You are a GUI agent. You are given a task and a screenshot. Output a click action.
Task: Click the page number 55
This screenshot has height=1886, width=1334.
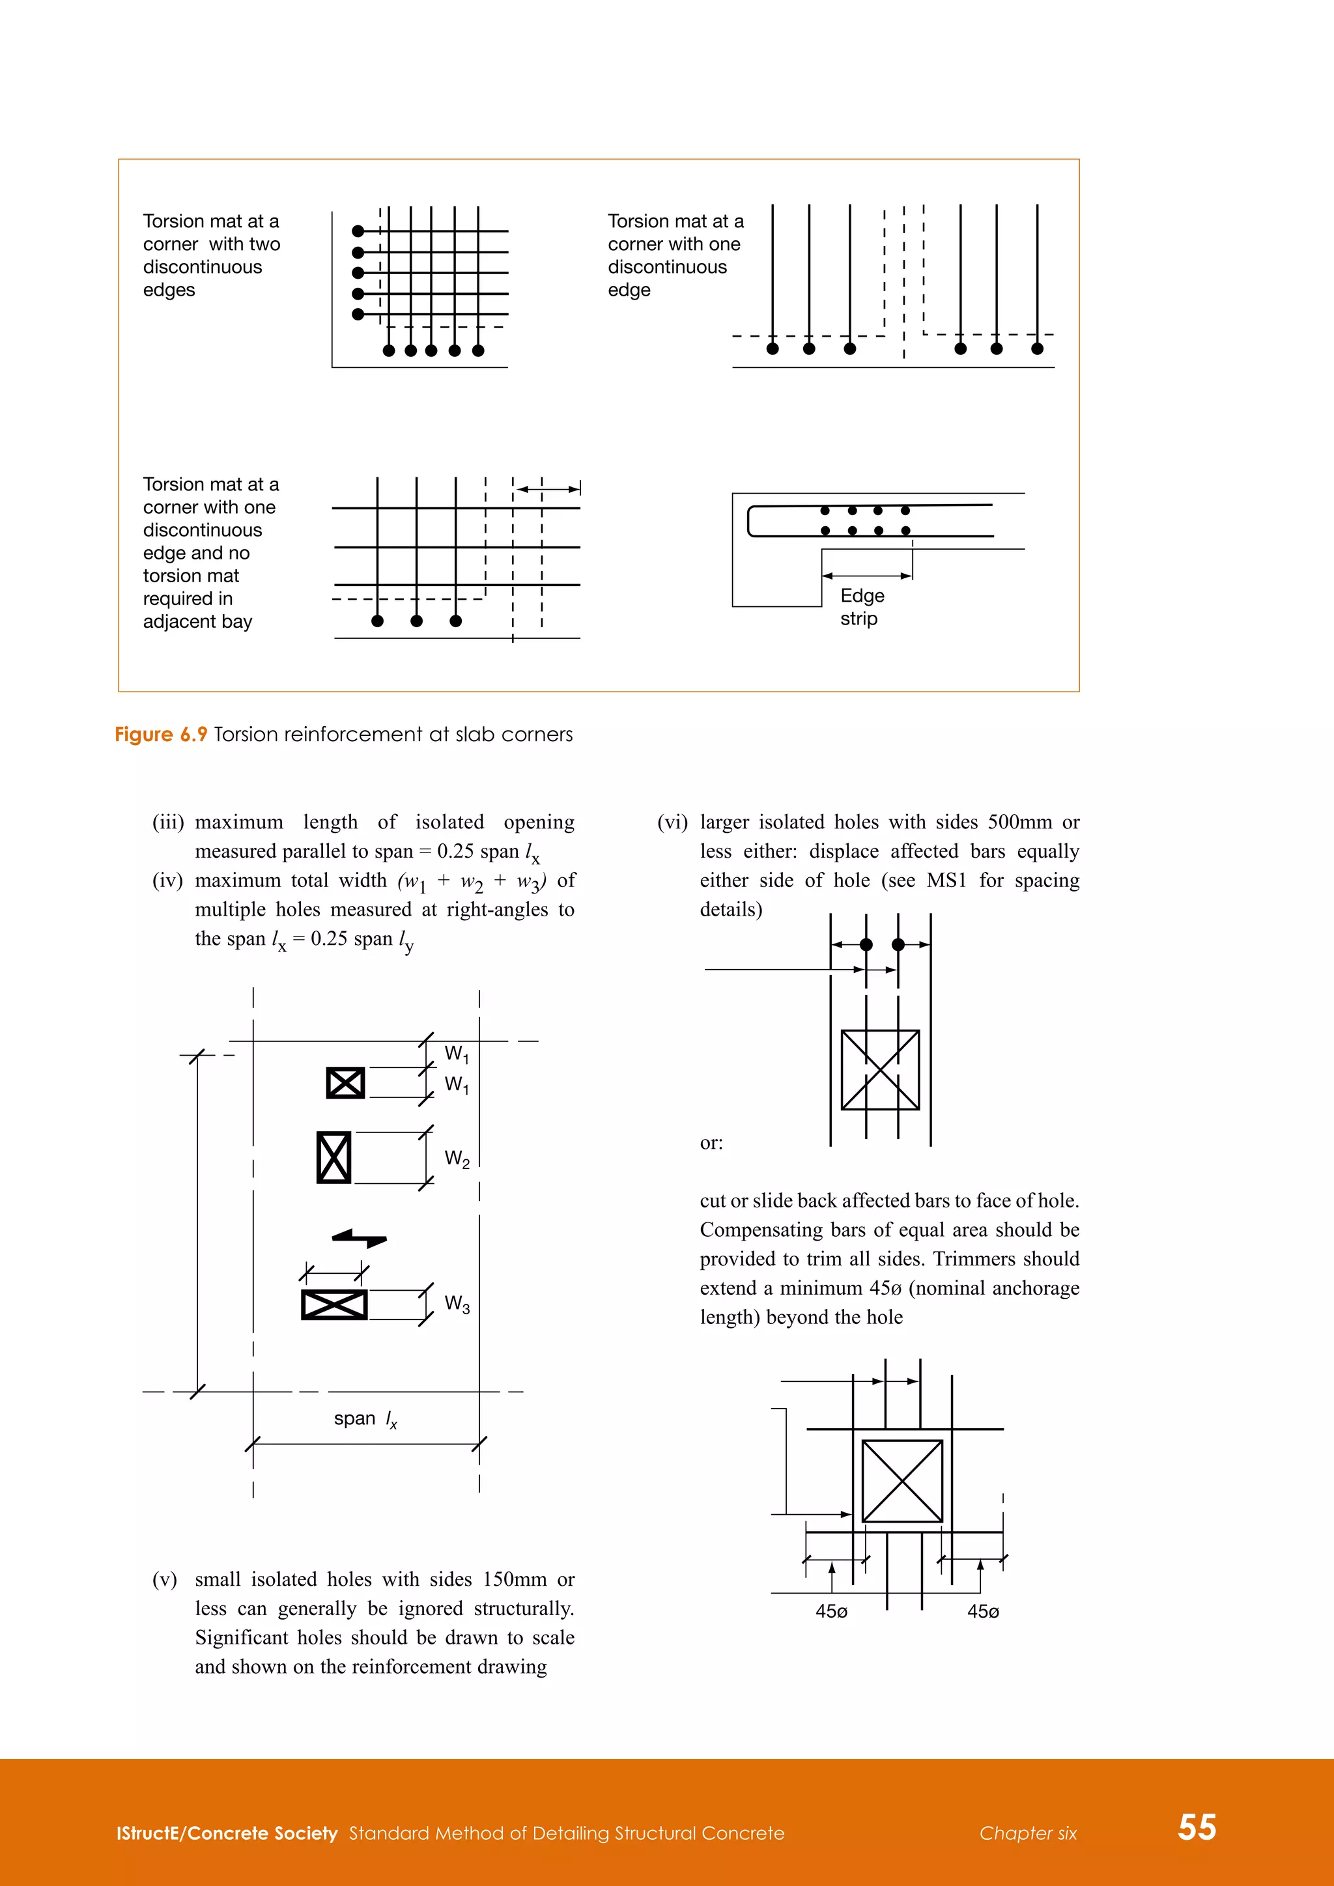click(1197, 1827)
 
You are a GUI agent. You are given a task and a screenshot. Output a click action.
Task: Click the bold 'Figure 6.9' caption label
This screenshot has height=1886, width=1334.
click(160, 735)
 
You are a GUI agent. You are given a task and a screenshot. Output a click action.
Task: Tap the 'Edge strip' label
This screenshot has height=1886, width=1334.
click(861, 606)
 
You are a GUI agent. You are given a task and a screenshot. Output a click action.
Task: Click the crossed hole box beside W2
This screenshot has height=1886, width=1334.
click(333, 1157)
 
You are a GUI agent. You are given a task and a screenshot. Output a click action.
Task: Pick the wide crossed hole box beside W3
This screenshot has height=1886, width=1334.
click(333, 1304)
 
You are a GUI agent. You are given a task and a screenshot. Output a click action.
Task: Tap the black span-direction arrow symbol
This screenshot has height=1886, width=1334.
click(359, 1237)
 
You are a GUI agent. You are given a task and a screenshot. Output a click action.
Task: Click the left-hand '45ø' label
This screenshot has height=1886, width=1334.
click(831, 1612)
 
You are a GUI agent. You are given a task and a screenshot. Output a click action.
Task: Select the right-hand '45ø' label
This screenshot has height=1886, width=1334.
click(982, 1612)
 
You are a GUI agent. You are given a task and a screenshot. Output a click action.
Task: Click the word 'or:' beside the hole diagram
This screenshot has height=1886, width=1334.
click(711, 1143)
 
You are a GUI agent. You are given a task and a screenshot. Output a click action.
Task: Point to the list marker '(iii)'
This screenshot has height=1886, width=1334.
click(167, 823)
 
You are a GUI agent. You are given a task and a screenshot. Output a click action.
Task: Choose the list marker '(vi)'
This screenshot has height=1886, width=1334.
click(672, 823)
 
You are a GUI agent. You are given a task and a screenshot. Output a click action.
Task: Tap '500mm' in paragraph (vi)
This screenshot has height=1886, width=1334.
click(1019, 823)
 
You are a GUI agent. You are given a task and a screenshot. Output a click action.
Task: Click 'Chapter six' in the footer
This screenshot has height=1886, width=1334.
click(1028, 1833)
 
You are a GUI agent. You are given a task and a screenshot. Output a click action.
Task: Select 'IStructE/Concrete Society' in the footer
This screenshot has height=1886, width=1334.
click(227, 1833)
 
